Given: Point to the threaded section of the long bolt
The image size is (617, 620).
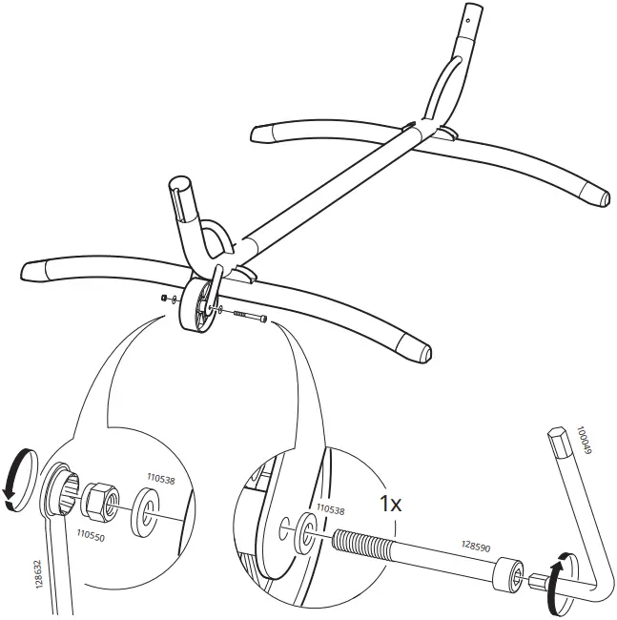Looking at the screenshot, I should pos(367,549).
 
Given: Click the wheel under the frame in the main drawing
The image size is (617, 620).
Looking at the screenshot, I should pos(198,305).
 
